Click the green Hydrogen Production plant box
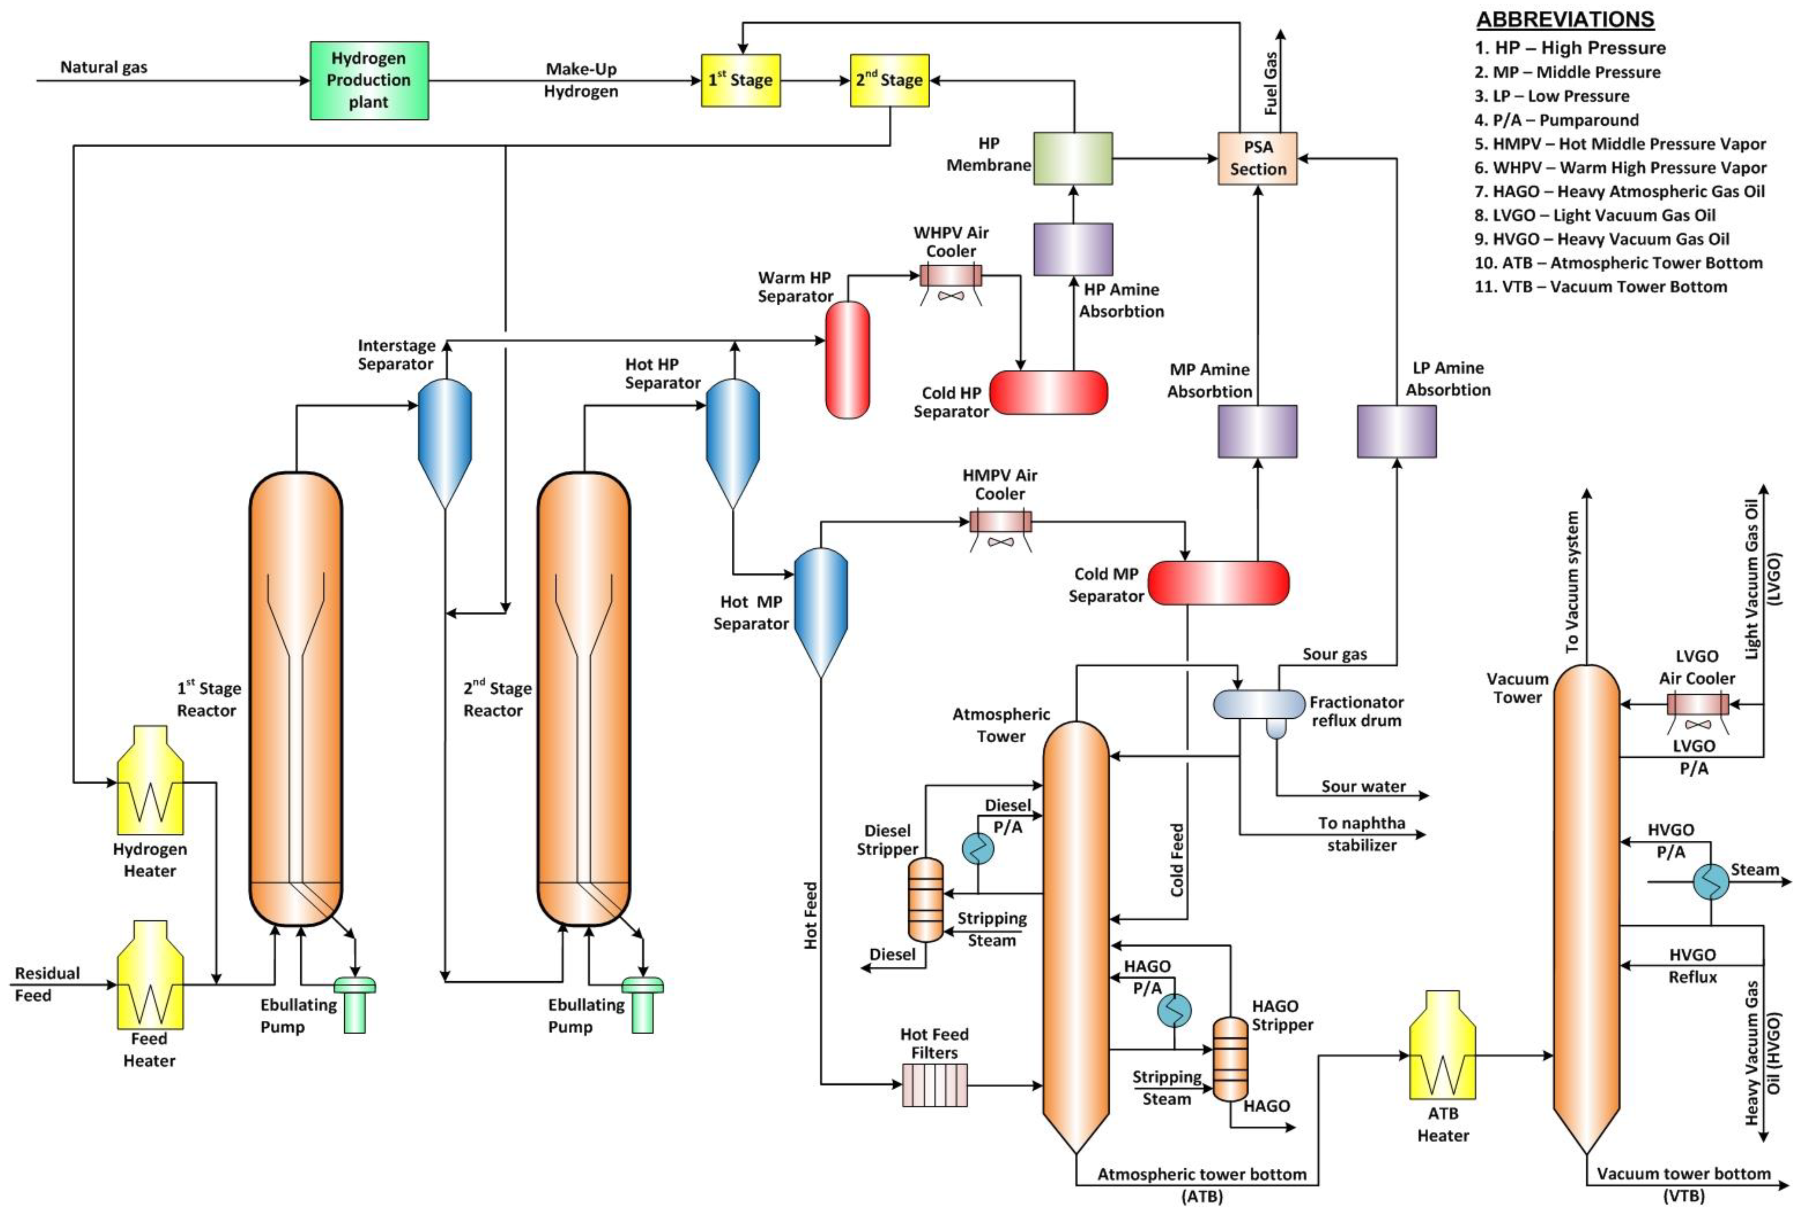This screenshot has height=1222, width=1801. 369,80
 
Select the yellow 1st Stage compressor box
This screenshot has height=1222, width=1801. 740,80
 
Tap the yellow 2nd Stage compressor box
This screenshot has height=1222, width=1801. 889,80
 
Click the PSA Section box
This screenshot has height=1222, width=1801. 1257,159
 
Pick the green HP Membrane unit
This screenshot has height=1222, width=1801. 1072,159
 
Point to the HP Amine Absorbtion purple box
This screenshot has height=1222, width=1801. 1072,250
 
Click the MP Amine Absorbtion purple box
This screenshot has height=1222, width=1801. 1257,432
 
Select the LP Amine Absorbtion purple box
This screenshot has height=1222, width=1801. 1396,432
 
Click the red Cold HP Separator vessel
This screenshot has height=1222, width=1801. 1048,393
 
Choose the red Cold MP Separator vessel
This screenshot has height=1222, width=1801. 1218,583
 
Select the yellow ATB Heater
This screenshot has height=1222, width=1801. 1442,1046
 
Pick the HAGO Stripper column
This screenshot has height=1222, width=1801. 1230,1059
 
